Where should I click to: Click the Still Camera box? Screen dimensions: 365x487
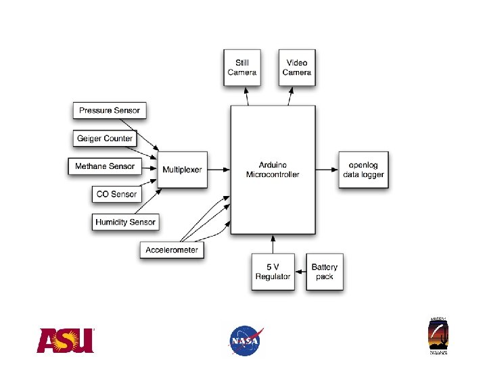tap(242, 68)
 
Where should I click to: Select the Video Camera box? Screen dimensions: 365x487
tap(297, 68)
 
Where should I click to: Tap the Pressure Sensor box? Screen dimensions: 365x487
tap(109, 110)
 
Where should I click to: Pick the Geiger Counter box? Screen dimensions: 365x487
tap(105, 139)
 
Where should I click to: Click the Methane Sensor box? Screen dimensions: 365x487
tap(104, 166)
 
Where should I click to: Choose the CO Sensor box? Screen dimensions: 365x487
tap(116, 194)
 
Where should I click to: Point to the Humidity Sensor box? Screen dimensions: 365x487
tap(125, 222)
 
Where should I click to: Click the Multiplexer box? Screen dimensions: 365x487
tap(182, 170)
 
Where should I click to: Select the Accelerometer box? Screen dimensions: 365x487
tap(172, 250)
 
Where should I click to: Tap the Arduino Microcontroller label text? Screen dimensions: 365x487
tap(273, 170)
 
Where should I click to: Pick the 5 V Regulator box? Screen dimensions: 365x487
tap(273, 272)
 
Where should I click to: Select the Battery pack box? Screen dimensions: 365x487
tap(324, 272)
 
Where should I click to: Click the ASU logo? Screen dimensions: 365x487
tap(65, 341)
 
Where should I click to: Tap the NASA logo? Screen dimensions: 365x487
tap(245, 340)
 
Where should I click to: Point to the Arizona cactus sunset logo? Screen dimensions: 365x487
tap(438, 335)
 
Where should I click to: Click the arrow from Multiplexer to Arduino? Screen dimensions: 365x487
tap(217, 170)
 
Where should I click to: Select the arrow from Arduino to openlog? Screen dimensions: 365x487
tap(329, 170)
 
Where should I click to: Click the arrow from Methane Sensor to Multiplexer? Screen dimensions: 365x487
tap(147, 167)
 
